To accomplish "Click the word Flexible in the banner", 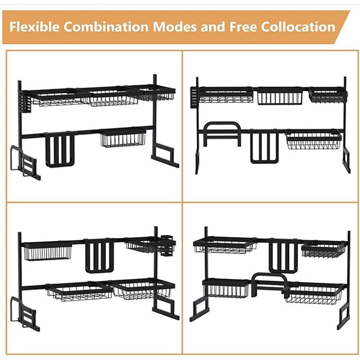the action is tap(34, 27).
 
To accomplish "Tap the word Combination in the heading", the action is tap(106, 27).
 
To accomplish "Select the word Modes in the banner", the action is tap(175, 27).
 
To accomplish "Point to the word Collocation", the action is tap(298, 27).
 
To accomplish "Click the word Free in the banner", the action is tap(243, 27).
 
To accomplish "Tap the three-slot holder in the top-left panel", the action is tap(60, 150).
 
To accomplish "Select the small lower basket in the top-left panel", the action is tap(123, 138).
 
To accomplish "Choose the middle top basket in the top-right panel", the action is tap(279, 96).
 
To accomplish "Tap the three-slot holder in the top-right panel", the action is tap(264, 147).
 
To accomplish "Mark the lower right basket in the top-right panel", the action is tap(313, 139).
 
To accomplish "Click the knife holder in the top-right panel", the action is tap(194, 97).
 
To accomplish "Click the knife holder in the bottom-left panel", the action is tap(168, 245).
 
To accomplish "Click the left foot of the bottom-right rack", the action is tap(199, 309).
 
